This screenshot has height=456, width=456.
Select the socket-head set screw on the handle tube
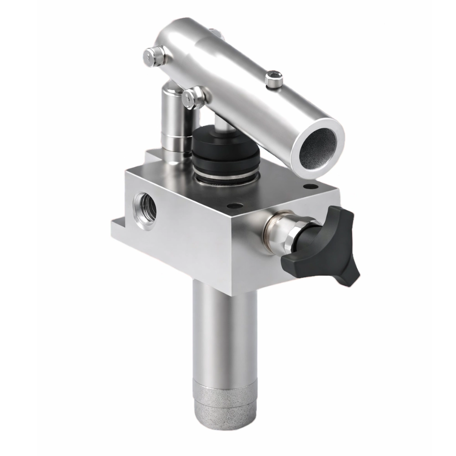(274, 81)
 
